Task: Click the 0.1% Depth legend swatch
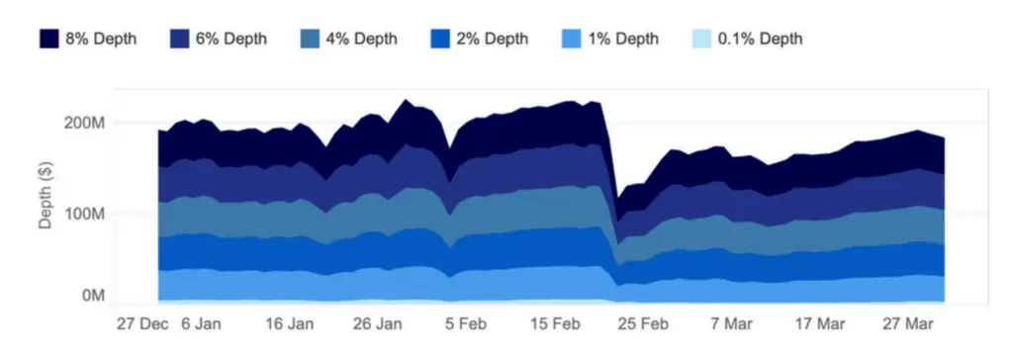pos(698,40)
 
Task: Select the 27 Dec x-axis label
pos(141,323)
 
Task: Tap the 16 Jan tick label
pos(291,323)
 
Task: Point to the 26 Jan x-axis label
pos(377,323)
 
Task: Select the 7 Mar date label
pos(733,323)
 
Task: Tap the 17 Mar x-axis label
pos(819,323)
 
